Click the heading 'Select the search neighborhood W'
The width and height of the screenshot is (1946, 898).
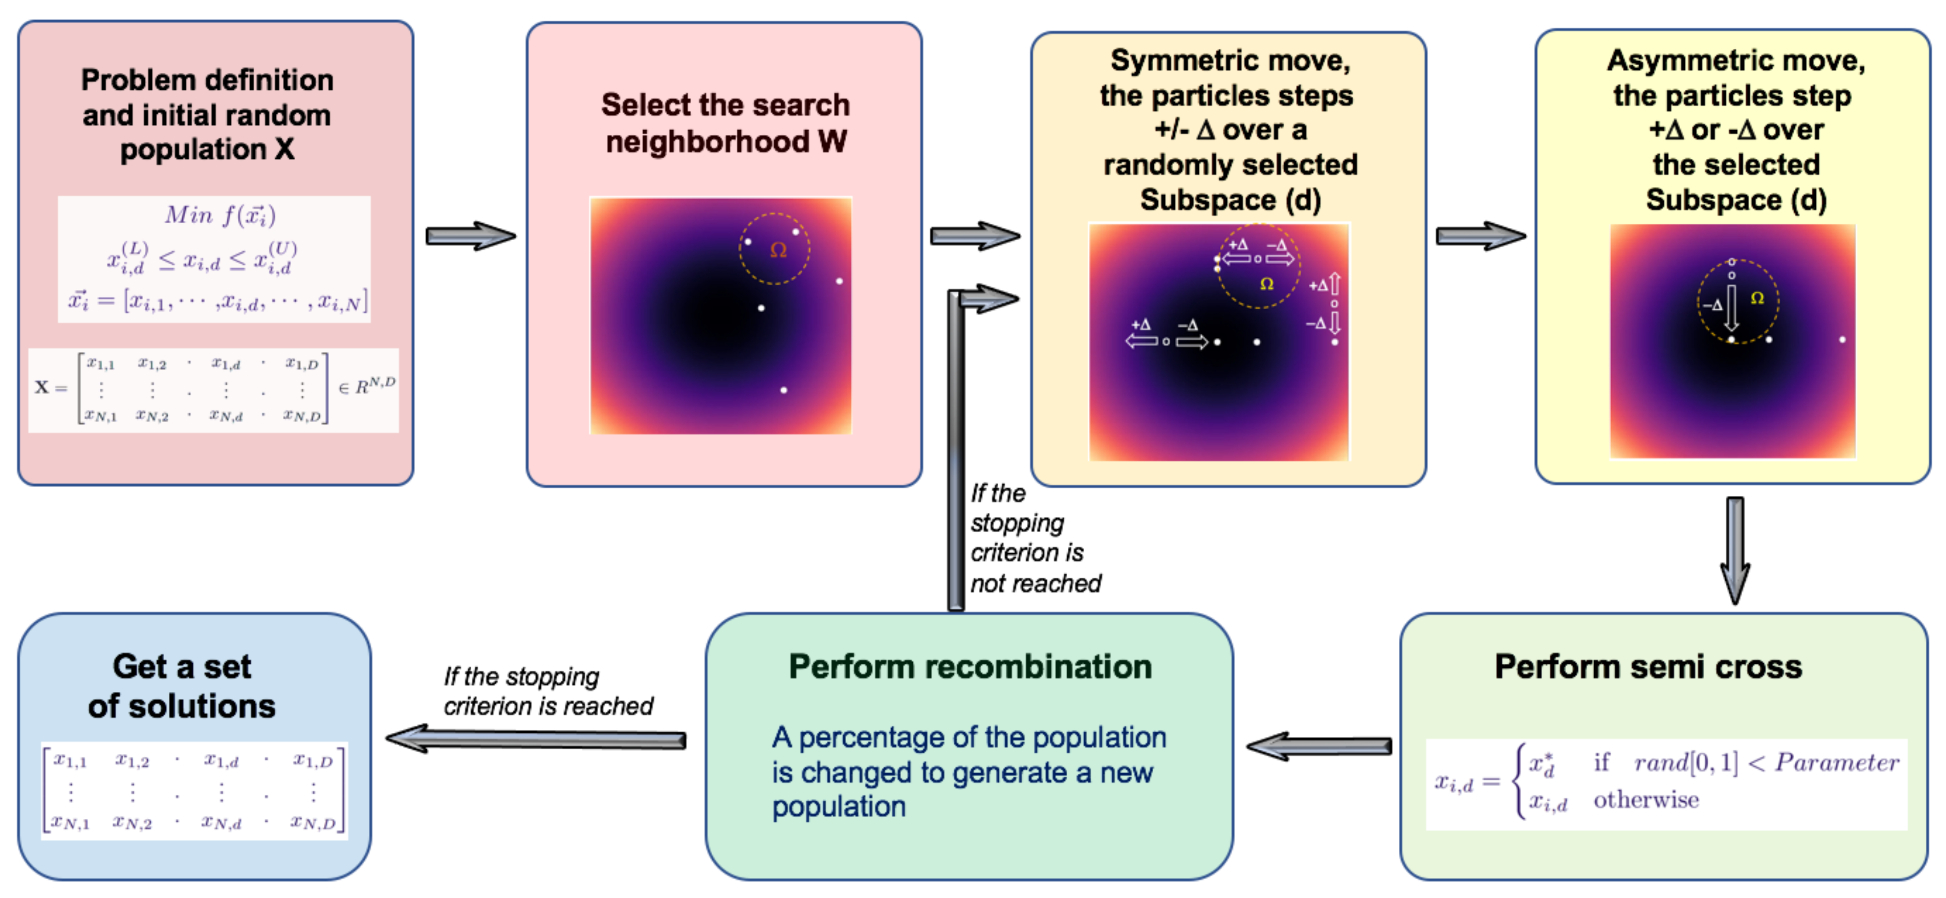pyautogui.click(x=725, y=123)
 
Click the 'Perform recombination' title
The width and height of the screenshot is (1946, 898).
pyautogui.click(x=970, y=666)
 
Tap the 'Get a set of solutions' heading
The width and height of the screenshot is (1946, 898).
pyautogui.click(x=182, y=686)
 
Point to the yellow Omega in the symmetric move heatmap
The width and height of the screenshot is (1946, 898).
pyautogui.click(x=1267, y=284)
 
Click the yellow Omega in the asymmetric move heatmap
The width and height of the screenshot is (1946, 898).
pyautogui.click(x=1757, y=298)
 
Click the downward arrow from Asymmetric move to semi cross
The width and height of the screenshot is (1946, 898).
pyautogui.click(x=1735, y=550)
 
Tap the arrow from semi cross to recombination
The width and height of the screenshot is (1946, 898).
pyautogui.click(x=1319, y=746)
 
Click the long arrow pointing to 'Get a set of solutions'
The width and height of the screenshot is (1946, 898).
pyautogui.click(x=536, y=738)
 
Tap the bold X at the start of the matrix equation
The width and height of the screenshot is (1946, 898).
pyautogui.click(x=41, y=387)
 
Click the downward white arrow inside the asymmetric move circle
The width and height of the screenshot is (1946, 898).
pyautogui.click(x=1731, y=307)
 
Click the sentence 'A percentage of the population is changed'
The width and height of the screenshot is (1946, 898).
pyautogui.click(x=968, y=771)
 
